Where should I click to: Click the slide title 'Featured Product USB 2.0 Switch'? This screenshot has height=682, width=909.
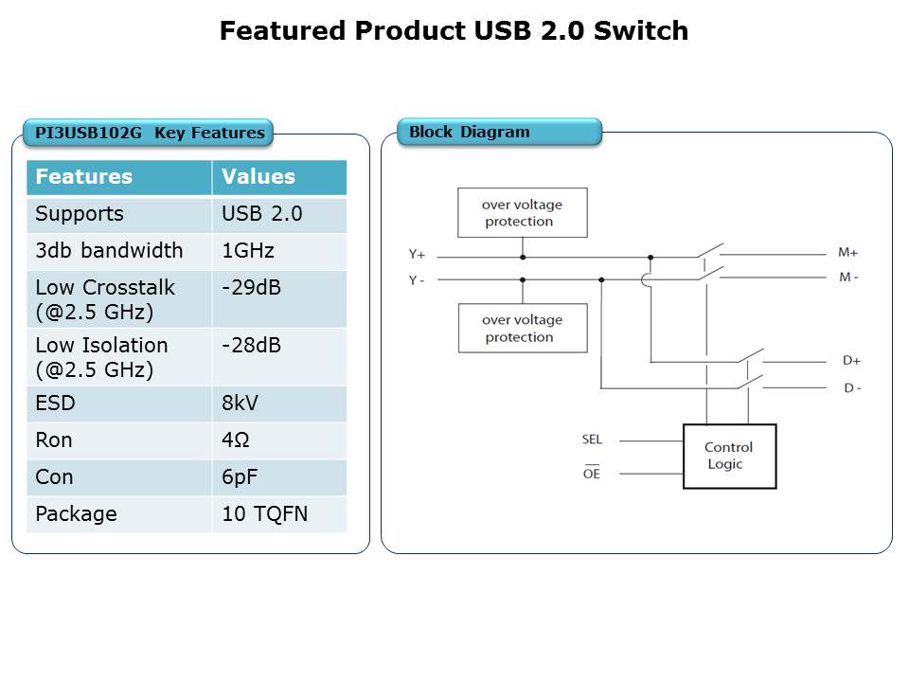454,31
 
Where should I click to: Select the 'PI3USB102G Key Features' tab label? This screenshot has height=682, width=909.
150,133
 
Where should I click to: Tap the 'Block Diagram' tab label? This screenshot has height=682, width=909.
470,132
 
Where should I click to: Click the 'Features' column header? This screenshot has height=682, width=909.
84,177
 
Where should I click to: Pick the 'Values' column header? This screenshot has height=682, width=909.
258,177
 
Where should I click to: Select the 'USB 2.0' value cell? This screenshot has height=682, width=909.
262,214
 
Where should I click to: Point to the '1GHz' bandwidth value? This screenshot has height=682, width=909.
249,251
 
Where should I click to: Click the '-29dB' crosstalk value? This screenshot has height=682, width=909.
251,287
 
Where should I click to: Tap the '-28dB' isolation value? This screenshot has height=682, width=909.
251,345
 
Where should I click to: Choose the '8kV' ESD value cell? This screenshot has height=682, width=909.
240,404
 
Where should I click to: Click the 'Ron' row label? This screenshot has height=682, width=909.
53,440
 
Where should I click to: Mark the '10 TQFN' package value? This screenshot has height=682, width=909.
264,514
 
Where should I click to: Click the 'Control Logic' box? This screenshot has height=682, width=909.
729,456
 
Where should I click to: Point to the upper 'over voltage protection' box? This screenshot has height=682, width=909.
522,213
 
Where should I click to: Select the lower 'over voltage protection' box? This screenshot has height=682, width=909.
522,329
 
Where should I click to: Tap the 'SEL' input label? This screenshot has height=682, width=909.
592,440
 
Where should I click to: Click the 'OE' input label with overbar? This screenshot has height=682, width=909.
592,474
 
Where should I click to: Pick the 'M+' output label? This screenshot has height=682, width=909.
847,253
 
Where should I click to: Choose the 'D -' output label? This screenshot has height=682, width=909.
851,388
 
